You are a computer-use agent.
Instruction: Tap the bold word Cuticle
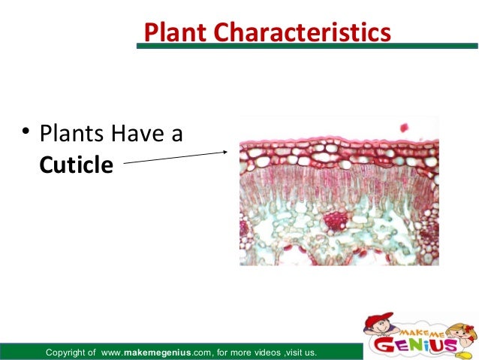pyautogui.click(x=76, y=163)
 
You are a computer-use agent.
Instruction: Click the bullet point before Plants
pyautogui.click(x=25, y=135)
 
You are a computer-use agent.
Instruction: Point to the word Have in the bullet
pyautogui.click(x=140, y=136)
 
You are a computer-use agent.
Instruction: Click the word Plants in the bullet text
pyautogui.click(x=73, y=136)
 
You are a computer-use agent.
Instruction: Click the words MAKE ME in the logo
pyautogui.click(x=418, y=323)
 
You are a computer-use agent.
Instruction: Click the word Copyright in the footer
pyautogui.click(x=71, y=352)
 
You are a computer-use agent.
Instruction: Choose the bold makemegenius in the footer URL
pyautogui.click(x=155, y=352)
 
